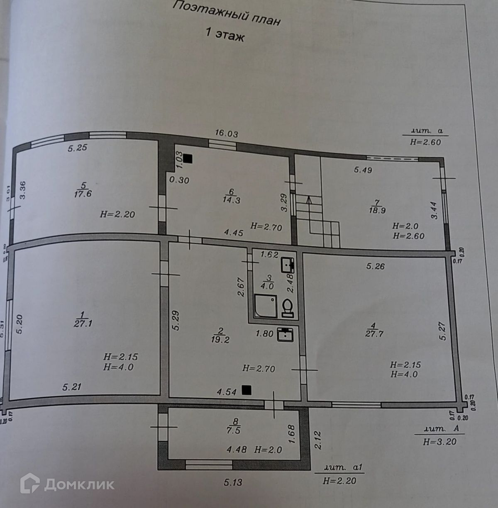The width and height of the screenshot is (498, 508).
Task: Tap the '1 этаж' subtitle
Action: [225, 34]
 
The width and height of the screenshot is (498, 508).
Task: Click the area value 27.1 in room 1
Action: [83, 323]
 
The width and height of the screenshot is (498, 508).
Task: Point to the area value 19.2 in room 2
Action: [220, 340]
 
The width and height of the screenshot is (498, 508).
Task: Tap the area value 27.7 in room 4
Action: [374, 333]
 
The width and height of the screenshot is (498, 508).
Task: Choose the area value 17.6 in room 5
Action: [83, 194]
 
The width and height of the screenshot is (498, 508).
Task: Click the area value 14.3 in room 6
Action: [231, 200]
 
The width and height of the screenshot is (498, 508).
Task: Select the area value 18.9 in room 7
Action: [377, 210]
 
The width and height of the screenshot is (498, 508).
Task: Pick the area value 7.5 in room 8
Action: [234, 430]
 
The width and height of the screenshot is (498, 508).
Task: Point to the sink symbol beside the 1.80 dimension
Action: [285, 334]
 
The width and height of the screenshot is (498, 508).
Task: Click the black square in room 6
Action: [188, 158]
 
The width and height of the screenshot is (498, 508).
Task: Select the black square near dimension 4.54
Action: [247, 389]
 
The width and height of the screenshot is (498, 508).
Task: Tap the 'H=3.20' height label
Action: [439, 442]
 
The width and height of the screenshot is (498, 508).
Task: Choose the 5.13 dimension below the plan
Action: [233, 482]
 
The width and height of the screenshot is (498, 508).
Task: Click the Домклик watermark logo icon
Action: [30, 483]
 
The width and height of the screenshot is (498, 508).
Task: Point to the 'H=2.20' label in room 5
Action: [117, 214]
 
